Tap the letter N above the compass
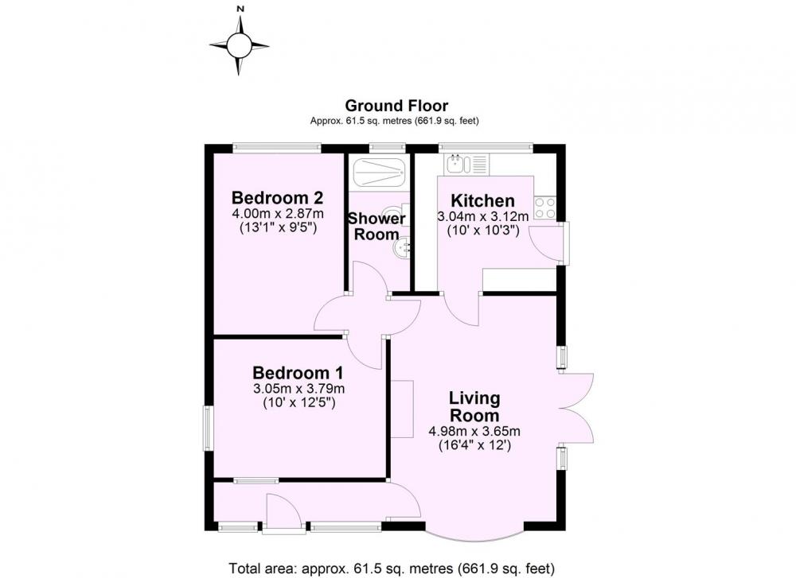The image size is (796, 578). coord(240,9)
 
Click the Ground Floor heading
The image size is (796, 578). coord(396,106)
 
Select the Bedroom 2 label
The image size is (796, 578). coord(277,197)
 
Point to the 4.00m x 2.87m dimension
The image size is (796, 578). coord(278,213)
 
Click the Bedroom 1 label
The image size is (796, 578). coord(298,373)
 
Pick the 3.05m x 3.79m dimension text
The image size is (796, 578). coord(299,389)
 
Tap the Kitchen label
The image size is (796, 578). coord(483,200)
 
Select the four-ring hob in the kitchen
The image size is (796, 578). coord(544,208)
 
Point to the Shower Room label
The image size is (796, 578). coord(377,226)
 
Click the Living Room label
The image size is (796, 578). coord(474,406)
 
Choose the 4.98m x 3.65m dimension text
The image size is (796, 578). coord(474,432)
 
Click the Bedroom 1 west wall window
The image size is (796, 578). coord(208,428)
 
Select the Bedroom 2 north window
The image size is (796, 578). coord(277,148)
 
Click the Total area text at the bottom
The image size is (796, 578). coord(392,568)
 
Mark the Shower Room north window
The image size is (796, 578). coord(388,148)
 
